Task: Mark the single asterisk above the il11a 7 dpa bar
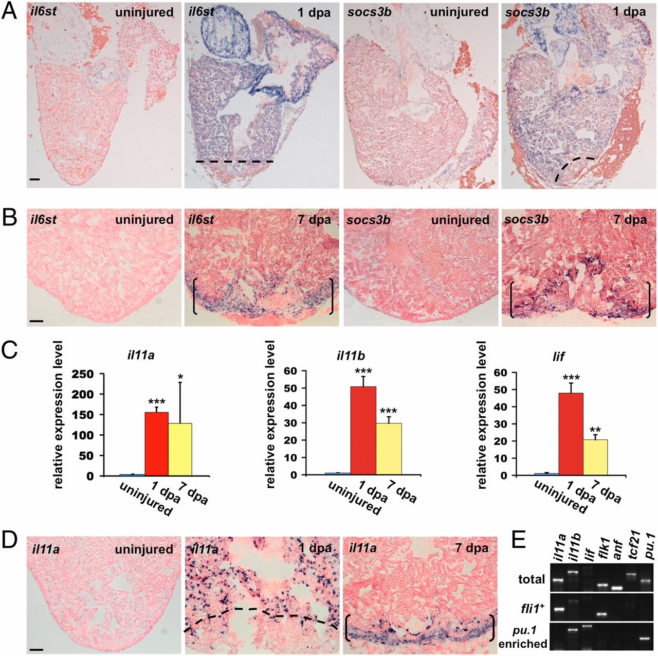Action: pyautogui.click(x=180, y=377)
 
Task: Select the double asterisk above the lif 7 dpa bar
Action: pyautogui.click(x=595, y=430)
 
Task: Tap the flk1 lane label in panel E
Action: pyautogui.click(x=602, y=552)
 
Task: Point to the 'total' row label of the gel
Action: pyautogui.click(x=532, y=579)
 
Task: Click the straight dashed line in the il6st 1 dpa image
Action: pyautogui.click(x=234, y=162)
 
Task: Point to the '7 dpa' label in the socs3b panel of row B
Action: pyautogui.click(x=630, y=220)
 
